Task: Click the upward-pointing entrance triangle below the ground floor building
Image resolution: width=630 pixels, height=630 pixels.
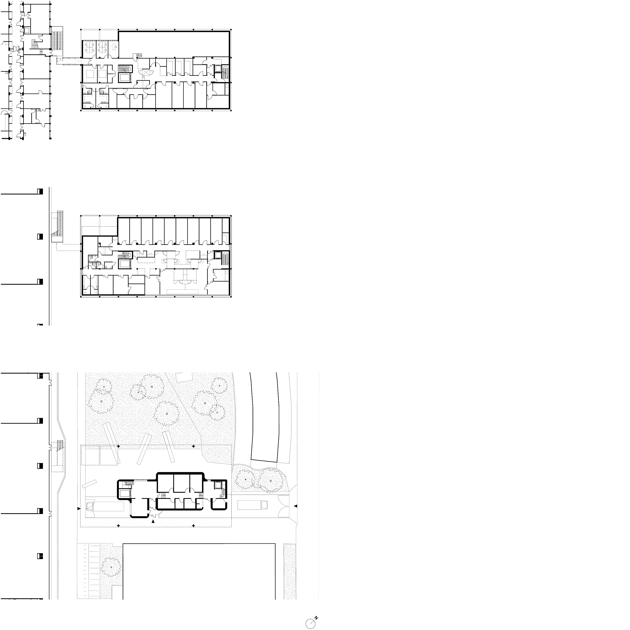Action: (x=153, y=521)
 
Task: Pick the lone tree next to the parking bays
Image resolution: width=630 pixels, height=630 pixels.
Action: (x=111, y=567)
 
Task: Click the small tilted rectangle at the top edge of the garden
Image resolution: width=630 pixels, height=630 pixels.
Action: (x=184, y=377)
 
